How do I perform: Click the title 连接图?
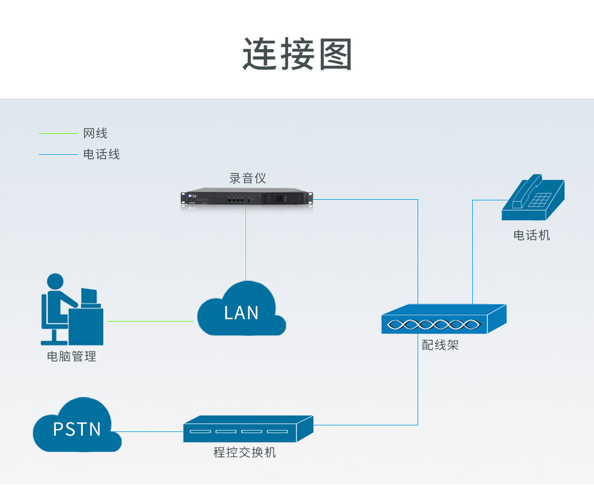[298, 55]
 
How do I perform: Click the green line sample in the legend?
[58, 133]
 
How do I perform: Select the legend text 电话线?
[101, 154]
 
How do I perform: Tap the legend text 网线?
[95, 133]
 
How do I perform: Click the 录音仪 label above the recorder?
[247, 178]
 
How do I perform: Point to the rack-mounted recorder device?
[247, 198]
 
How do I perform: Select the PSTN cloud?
[77, 427]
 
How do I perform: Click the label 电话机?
[532, 235]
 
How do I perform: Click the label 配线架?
[440, 346]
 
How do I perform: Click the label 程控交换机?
[245, 452]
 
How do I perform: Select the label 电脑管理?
[71, 356]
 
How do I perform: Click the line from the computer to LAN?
[150, 321]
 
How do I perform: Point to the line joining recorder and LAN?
[246, 246]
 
